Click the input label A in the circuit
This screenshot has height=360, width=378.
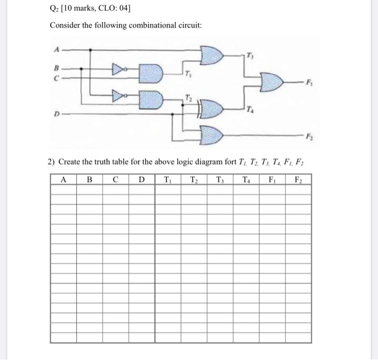coord(56,47)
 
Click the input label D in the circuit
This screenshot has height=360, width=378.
coord(55,115)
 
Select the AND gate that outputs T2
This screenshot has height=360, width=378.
coord(151,98)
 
